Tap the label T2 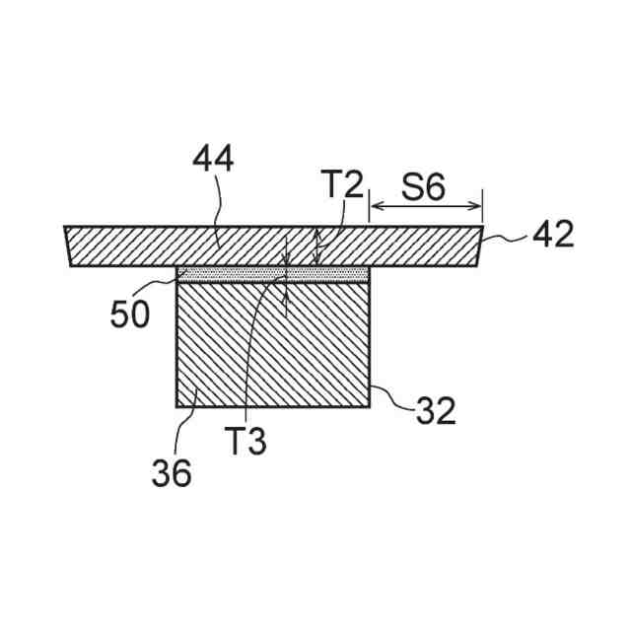[x=341, y=184]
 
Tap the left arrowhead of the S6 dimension [x=374, y=207]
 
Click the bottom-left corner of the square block [x=177, y=405]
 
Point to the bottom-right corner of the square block [x=370, y=405]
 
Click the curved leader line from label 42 [x=508, y=238]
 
